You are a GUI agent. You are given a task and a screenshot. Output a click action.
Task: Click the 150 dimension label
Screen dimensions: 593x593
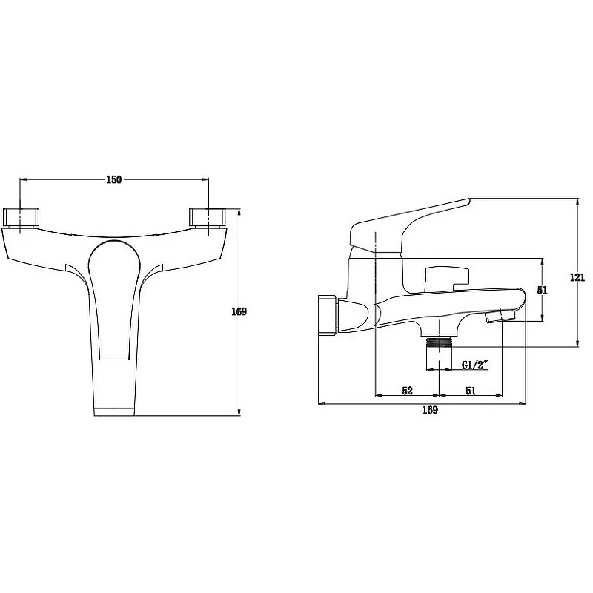(114, 179)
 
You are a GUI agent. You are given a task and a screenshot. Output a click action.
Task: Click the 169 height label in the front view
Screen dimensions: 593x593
(239, 311)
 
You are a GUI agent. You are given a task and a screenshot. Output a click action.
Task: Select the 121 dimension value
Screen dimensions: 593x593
(577, 277)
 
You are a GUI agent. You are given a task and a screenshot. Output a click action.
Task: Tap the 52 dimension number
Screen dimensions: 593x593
(407, 391)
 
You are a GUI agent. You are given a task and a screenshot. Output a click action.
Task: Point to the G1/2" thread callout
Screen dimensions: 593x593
(474, 365)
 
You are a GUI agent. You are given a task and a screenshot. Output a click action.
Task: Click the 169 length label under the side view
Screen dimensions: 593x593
(430, 410)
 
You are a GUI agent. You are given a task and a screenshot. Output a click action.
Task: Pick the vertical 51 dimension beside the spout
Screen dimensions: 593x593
(543, 290)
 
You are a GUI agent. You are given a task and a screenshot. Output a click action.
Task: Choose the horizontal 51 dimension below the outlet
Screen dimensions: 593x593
(471, 391)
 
